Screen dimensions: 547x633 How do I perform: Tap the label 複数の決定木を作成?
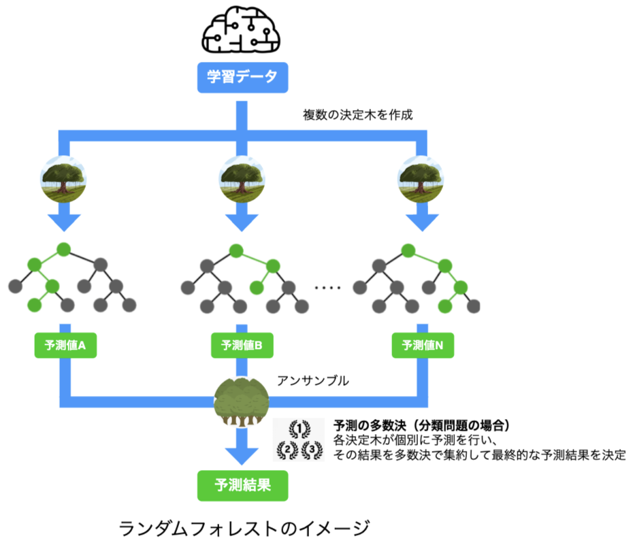358,115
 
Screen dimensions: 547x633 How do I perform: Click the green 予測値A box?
65,346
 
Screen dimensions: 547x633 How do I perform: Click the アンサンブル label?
312,381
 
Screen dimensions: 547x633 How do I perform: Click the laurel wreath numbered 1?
299,428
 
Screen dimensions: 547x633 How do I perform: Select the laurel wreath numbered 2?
287,449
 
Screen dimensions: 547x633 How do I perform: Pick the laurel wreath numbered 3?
312,449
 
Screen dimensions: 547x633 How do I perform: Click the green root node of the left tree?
64,249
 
